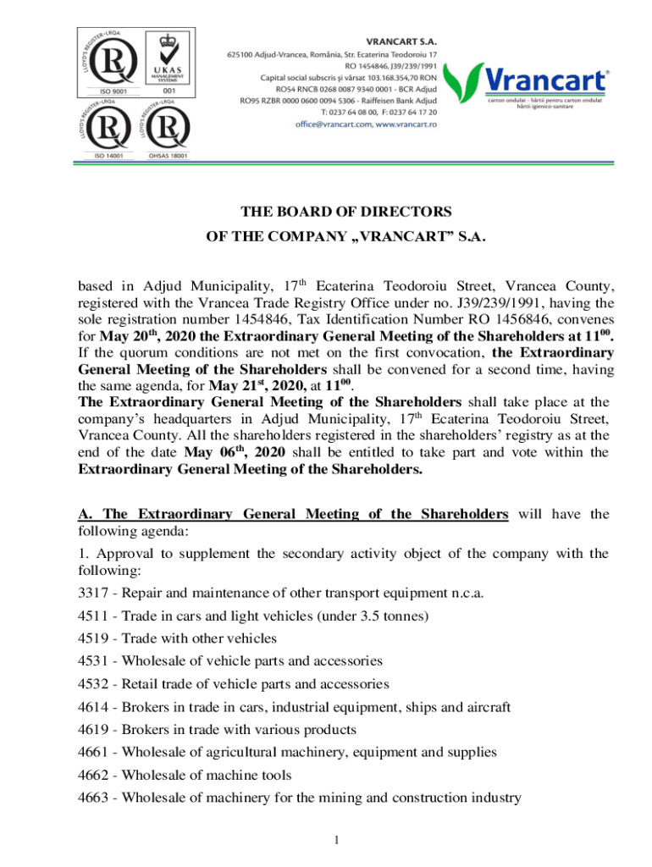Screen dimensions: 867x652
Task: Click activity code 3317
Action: [x=94, y=592]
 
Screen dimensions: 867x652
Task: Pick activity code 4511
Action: [x=94, y=615]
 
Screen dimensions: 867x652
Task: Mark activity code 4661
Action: [x=94, y=752]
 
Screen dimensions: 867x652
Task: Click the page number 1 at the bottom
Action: [x=336, y=840]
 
